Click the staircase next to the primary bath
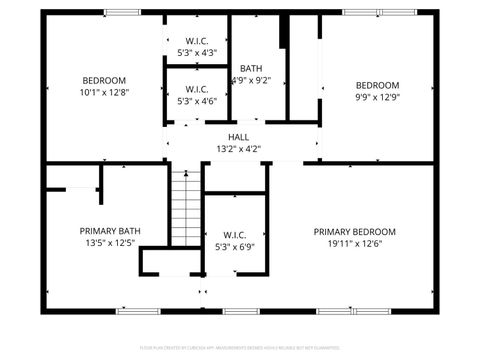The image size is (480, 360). pos(185,207)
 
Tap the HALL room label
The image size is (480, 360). pos(238,137)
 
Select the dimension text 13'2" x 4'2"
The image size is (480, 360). pos(238,149)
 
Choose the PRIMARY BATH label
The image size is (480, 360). pos(110,230)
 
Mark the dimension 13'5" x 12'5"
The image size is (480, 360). pos(110,242)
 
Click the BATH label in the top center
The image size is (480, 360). pos(251,68)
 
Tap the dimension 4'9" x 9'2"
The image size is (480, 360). pos(251,80)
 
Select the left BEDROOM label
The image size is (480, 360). pos(104,80)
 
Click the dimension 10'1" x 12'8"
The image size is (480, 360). pos(104,92)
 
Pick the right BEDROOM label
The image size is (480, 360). pos(377,85)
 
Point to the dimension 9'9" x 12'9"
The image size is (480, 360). pos(377,97)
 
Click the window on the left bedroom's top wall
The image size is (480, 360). pos(122,12)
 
